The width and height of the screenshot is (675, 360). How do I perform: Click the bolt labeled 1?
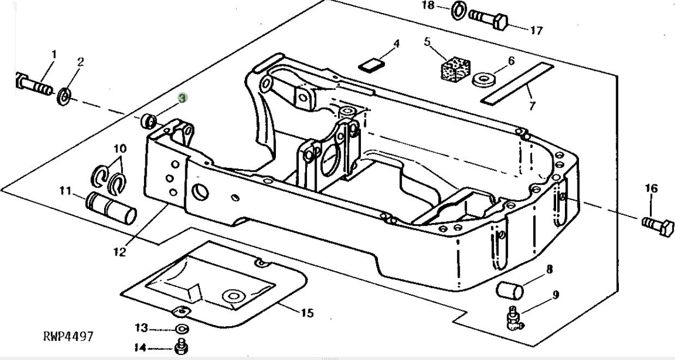click(x=34, y=84)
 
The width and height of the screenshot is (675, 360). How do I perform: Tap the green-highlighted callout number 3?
click(x=183, y=98)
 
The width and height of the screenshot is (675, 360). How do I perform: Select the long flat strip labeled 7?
click(x=517, y=83)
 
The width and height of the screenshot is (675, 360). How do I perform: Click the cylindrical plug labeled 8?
click(x=510, y=289)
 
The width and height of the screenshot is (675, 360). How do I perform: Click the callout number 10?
click(x=120, y=148)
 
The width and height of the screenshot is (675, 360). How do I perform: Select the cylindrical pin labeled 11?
click(x=112, y=208)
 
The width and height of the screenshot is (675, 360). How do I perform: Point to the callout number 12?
click(x=119, y=251)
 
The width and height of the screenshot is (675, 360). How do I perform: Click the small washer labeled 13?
click(x=181, y=329)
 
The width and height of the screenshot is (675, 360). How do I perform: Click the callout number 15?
click(x=307, y=313)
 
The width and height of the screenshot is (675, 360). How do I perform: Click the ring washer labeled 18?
click(x=459, y=10)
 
